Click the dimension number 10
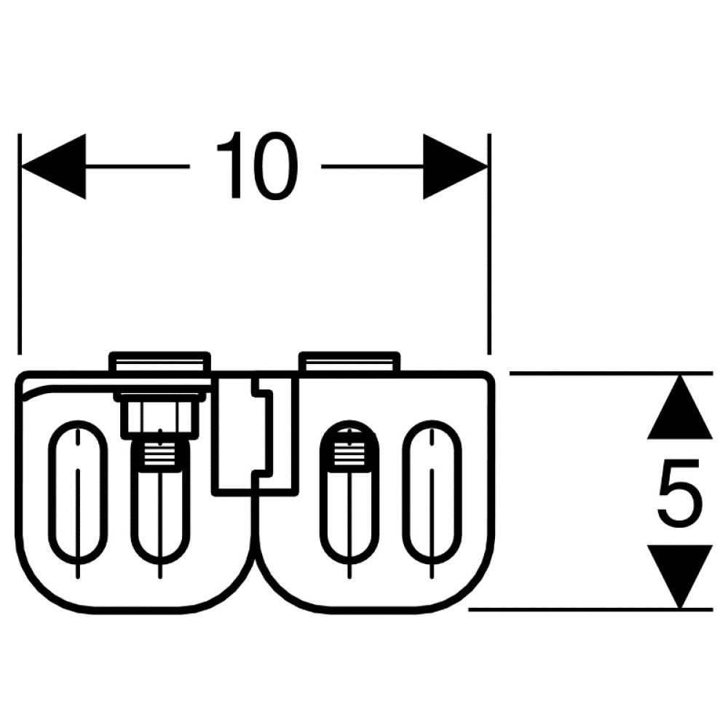click(257, 166)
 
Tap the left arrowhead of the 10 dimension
click(54, 166)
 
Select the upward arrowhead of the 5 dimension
click(680, 407)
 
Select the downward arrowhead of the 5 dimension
click(680, 576)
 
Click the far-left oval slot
click(78, 491)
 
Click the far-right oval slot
click(432, 491)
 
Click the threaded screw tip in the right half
click(349, 447)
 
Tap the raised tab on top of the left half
click(160, 362)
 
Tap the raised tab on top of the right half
click(349, 362)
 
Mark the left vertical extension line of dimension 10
click(20, 244)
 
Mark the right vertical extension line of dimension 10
click(489, 244)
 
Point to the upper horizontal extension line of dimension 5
click(611, 373)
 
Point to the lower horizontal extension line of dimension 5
click(590, 609)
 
